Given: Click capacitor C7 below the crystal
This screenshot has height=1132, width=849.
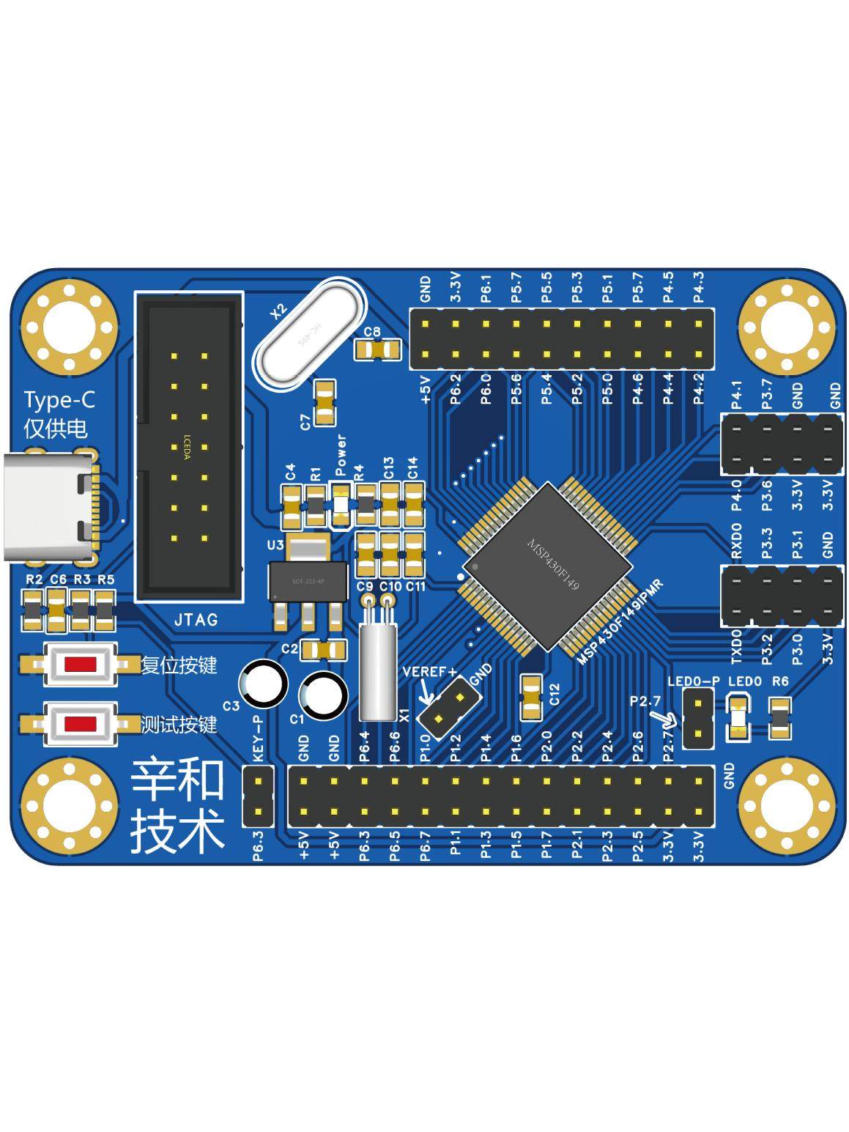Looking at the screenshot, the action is pos(325,402).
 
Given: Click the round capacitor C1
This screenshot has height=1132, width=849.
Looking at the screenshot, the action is pos(323,695).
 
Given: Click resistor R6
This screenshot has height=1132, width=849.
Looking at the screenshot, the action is pos(779,717).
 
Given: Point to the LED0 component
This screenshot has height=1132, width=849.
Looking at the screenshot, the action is pos(738,718).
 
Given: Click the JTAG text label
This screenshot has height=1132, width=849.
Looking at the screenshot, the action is pos(196,620).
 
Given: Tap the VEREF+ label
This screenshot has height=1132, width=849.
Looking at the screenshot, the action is pos(429,671).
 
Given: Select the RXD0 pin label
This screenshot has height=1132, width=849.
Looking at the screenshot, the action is pos(736,541).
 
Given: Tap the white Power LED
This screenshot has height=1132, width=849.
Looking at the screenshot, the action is pos(340,506).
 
